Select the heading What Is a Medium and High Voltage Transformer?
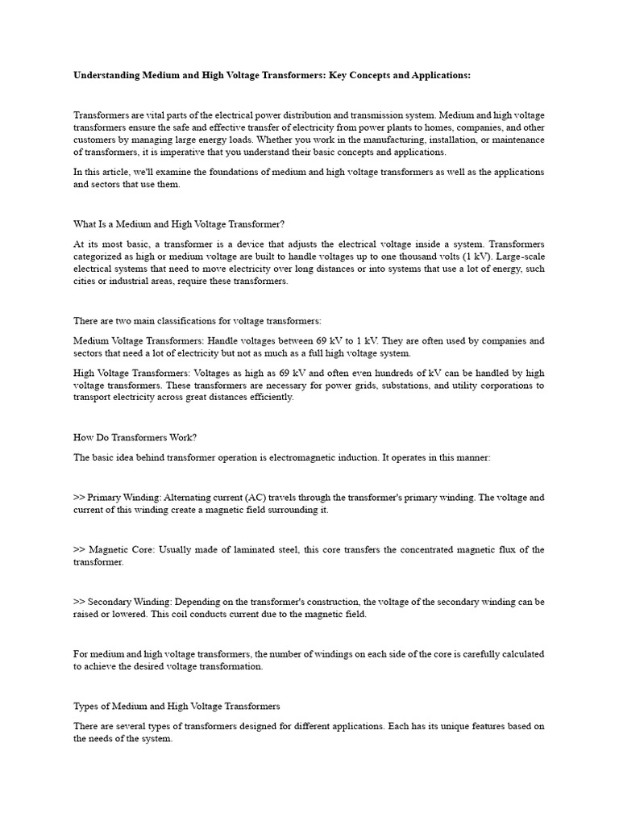pyautogui.click(x=179, y=223)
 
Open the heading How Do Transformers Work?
pyautogui.click(x=135, y=437)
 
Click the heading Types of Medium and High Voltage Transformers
pyautogui.click(x=177, y=707)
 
